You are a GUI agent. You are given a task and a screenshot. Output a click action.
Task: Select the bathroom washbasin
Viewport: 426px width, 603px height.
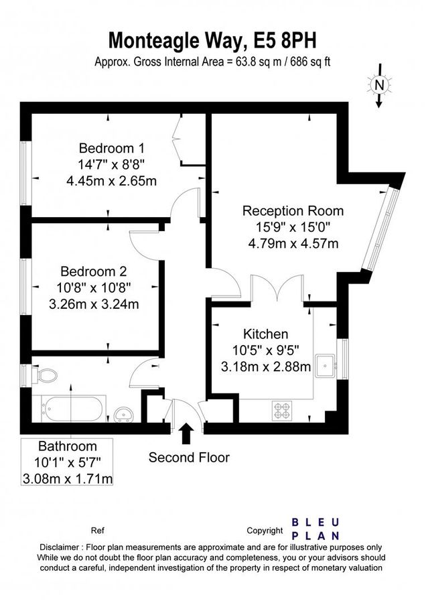pyautogui.click(x=124, y=415)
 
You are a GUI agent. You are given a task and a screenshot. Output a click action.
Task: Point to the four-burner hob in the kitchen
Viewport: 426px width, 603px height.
pyautogui.click(x=282, y=411)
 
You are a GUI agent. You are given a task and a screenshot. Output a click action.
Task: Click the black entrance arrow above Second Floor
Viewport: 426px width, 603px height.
pyautogui.click(x=187, y=433)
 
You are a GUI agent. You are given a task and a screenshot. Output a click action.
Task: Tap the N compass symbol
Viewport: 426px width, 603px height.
pyautogui.click(x=380, y=85)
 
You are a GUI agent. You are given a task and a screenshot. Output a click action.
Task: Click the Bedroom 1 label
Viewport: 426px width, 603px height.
pyautogui.click(x=111, y=148)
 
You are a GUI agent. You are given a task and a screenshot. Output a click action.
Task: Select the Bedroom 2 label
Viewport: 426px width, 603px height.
pyautogui.click(x=93, y=271)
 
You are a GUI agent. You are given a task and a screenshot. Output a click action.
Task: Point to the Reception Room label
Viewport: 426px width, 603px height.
pyautogui.click(x=293, y=211)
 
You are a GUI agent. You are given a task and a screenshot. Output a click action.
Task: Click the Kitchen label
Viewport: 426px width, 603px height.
pyautogui.click(x=266, y=334)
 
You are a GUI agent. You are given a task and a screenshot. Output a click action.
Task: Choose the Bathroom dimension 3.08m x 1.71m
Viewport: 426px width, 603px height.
pyautogui.click(x=68, y=479)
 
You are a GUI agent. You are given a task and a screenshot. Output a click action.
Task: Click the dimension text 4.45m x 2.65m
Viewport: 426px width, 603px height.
pyautogui.click(x=111, y=181)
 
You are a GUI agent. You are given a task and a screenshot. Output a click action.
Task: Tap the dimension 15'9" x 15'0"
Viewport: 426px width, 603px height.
pyautogui.click(x=293, y=227)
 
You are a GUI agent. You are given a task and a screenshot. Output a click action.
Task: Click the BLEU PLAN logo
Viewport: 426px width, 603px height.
pyautogui.click(x=315, y=529)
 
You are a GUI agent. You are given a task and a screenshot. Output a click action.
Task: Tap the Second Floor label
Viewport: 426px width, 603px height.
pyautogui.click(x=189, y=457)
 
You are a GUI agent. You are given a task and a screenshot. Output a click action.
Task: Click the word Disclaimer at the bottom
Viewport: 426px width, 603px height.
pyautogui.click(x=59, y=547)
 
